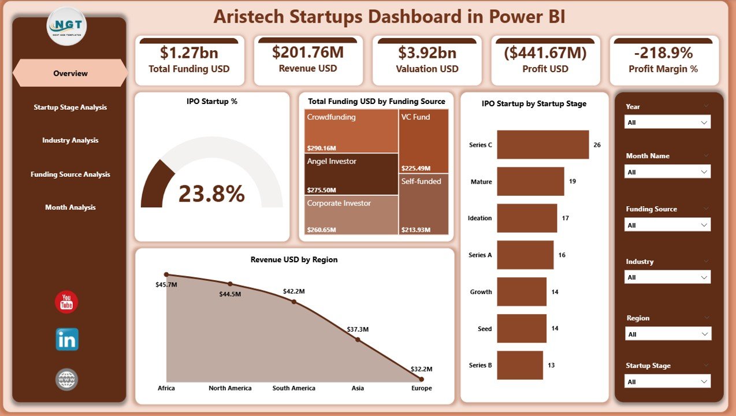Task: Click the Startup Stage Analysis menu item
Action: click(x=70, y=107)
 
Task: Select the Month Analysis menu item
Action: click(x=70, y=207)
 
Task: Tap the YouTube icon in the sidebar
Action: click(x=66, y=303)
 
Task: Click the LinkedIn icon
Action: click(x=67, y=340)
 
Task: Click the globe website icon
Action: click(x=66, y=380)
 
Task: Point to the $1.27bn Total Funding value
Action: click(x=189, y=53)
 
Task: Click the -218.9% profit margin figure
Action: click(x=663, y=53)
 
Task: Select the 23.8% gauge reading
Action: click(x=211, y=194)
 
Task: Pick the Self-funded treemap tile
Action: click(x=423, y=204)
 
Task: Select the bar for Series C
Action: click(x=542, y=144)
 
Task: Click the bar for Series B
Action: click(x=519, y=365)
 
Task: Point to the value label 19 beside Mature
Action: click(x=572, y=181)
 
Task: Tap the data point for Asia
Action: click(x=358, y=339)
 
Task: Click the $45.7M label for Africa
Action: click(x=166, y=285)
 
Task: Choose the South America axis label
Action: click(x=293, y=388)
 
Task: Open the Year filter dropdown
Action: click(x=668, y=122)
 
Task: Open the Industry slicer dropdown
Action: click(x=668, y=277)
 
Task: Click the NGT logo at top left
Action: click(x=66, y=26)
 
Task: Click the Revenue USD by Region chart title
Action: click(x=293, y=260)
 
